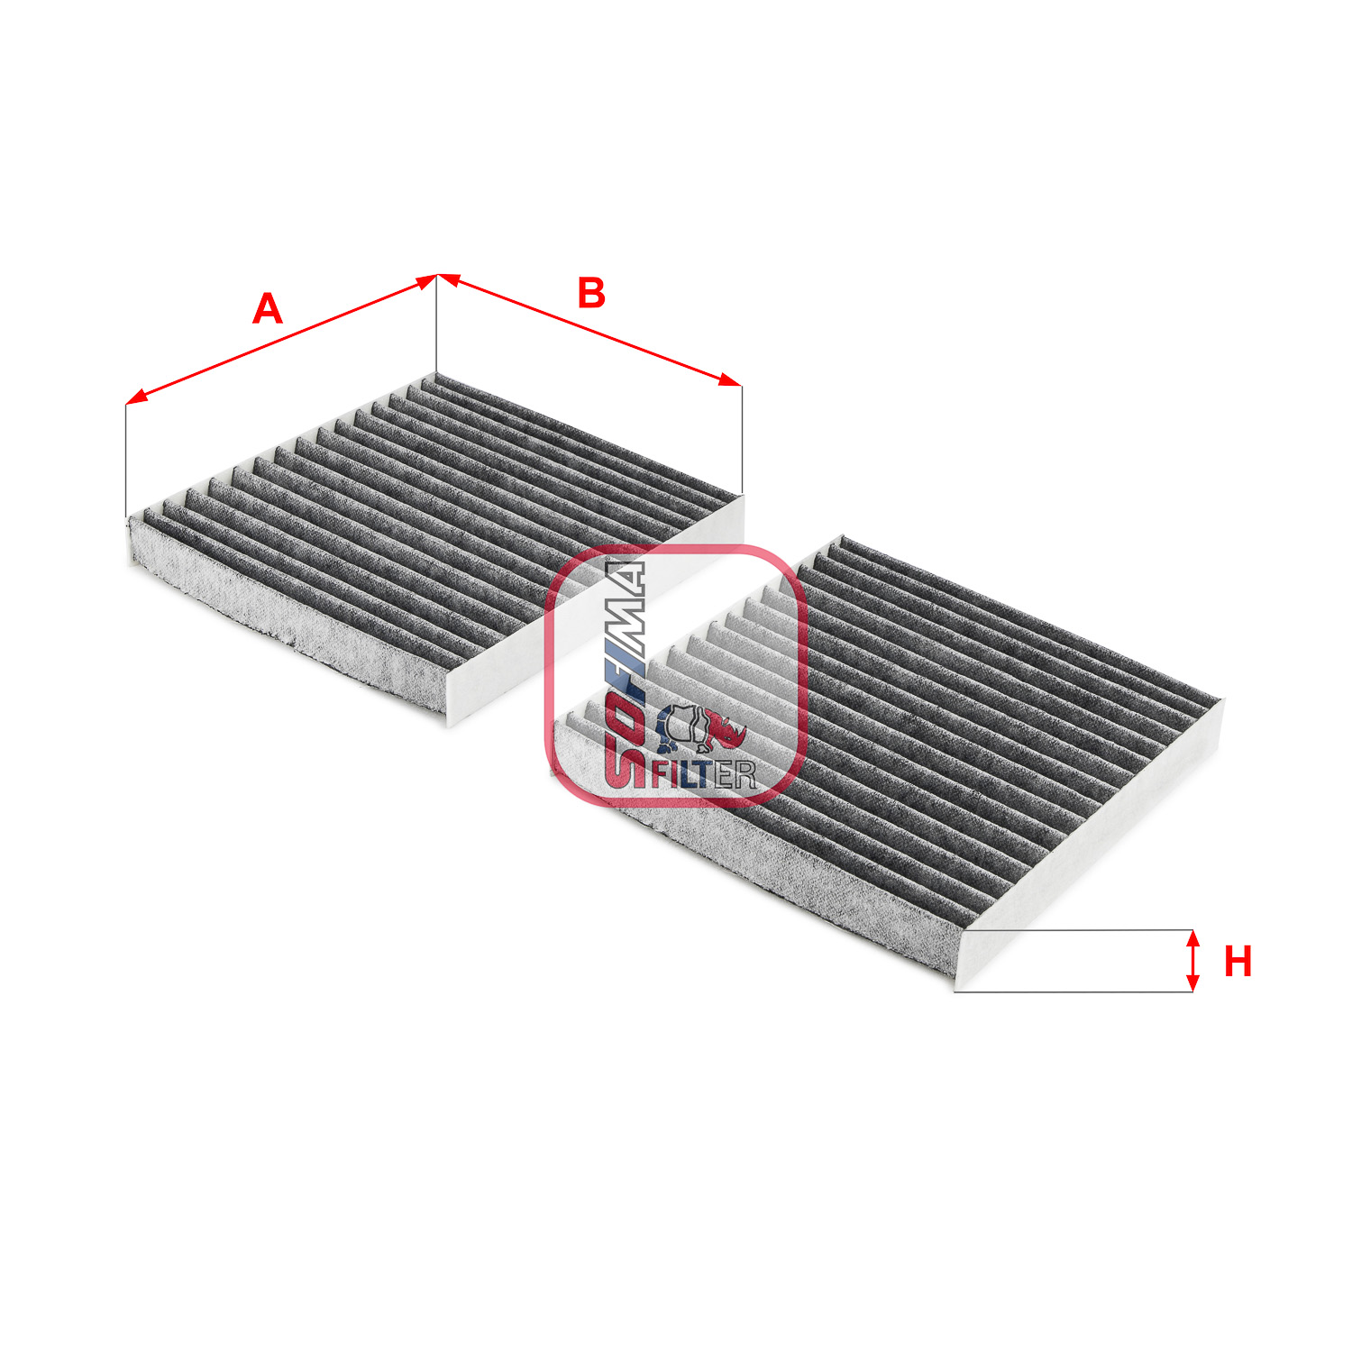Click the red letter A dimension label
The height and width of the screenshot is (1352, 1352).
(267, 309)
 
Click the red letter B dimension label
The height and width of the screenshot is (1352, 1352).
(591, 293)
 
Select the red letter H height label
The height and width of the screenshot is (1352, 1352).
(1238, 962)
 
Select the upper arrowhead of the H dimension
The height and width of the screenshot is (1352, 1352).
(1192, 938)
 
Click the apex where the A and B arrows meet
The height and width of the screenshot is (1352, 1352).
(437, 275)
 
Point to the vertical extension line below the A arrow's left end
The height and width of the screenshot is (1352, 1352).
(126, 461)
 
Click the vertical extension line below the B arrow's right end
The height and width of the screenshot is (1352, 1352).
(742, 440)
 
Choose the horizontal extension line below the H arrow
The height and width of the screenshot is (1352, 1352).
(1073, 992)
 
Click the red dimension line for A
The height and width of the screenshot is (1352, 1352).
(281, 340)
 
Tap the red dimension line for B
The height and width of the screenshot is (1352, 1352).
(589, 330)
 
